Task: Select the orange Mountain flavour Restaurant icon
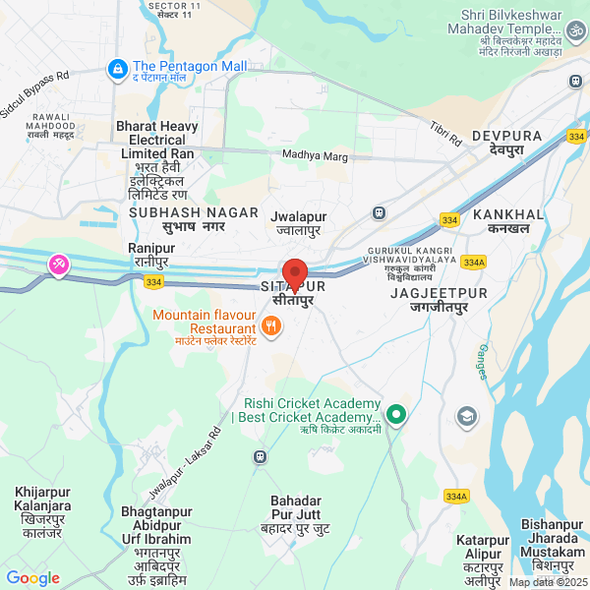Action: click(269, 325)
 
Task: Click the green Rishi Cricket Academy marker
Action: click(396, 414)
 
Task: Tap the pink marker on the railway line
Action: click(59, 265)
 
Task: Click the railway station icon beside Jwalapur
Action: click(378, 212)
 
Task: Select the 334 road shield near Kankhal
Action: click(449, 220)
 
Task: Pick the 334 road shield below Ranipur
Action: click(152, 282)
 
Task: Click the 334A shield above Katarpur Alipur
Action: click(455, 496)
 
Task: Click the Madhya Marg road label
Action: click(316, 154)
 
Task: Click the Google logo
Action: click(32, 578)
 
